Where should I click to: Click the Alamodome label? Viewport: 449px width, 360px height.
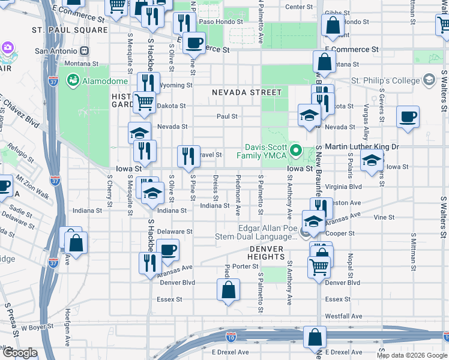[x=106, y=81]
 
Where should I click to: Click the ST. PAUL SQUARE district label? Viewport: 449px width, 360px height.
[x=70, y=29]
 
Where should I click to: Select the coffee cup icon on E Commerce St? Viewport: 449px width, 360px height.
[x=193, y=42]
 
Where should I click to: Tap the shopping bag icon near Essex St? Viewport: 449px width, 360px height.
[x=228, y=290]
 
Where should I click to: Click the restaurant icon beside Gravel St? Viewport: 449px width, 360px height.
[x=188, y=156]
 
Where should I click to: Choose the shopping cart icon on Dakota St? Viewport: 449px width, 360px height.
[x=144, y=102]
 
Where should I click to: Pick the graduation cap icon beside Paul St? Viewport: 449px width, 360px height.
[x=309, y=116]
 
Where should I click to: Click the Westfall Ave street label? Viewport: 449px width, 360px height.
[x=344, y=316]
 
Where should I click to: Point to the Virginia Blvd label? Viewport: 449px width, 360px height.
[x=342, y=187]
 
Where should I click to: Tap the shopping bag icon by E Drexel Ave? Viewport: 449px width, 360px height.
[x=315, y=338]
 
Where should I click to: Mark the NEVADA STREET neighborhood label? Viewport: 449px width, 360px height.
[x=246, y=92]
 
